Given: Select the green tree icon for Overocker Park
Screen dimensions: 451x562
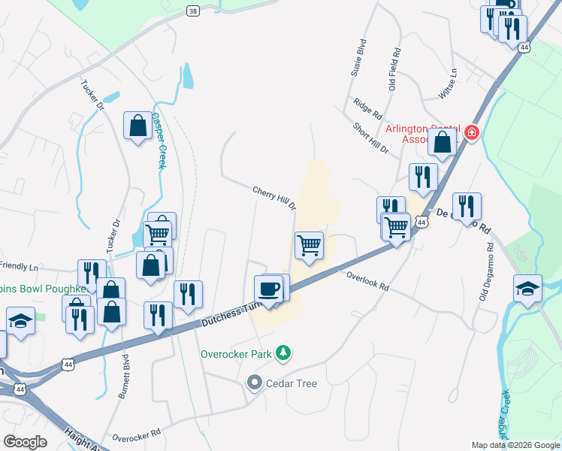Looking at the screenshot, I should [x=283, y=352].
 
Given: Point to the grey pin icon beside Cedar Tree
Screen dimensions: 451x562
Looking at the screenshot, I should [x=254, y=383].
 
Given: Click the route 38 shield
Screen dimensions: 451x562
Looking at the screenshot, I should [x=193, y=11].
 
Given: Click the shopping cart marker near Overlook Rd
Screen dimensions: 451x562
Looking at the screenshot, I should [x=309, y=245].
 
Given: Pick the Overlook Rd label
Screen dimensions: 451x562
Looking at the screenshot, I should [x=367, y=281].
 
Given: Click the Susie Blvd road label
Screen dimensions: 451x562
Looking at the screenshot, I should [x=358, y=59].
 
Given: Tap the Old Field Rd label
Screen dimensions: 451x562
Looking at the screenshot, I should [x=394, y=69].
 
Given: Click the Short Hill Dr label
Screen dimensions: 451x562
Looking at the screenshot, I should [x=370, y=138].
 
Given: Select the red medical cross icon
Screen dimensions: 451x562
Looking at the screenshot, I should [x=471, y=133].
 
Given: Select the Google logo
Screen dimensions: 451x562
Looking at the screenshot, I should [x=25, y=442].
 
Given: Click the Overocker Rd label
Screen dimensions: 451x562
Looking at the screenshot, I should [x=136, y=434].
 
